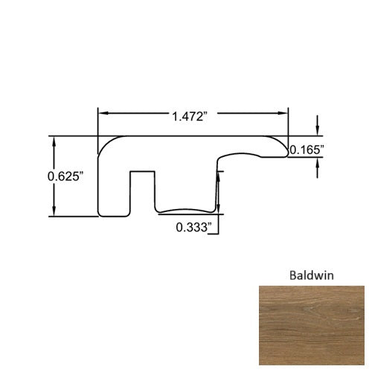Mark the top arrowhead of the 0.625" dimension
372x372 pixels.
[x=54, y=141]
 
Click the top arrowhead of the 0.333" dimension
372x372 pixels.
[x=217, y=173]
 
